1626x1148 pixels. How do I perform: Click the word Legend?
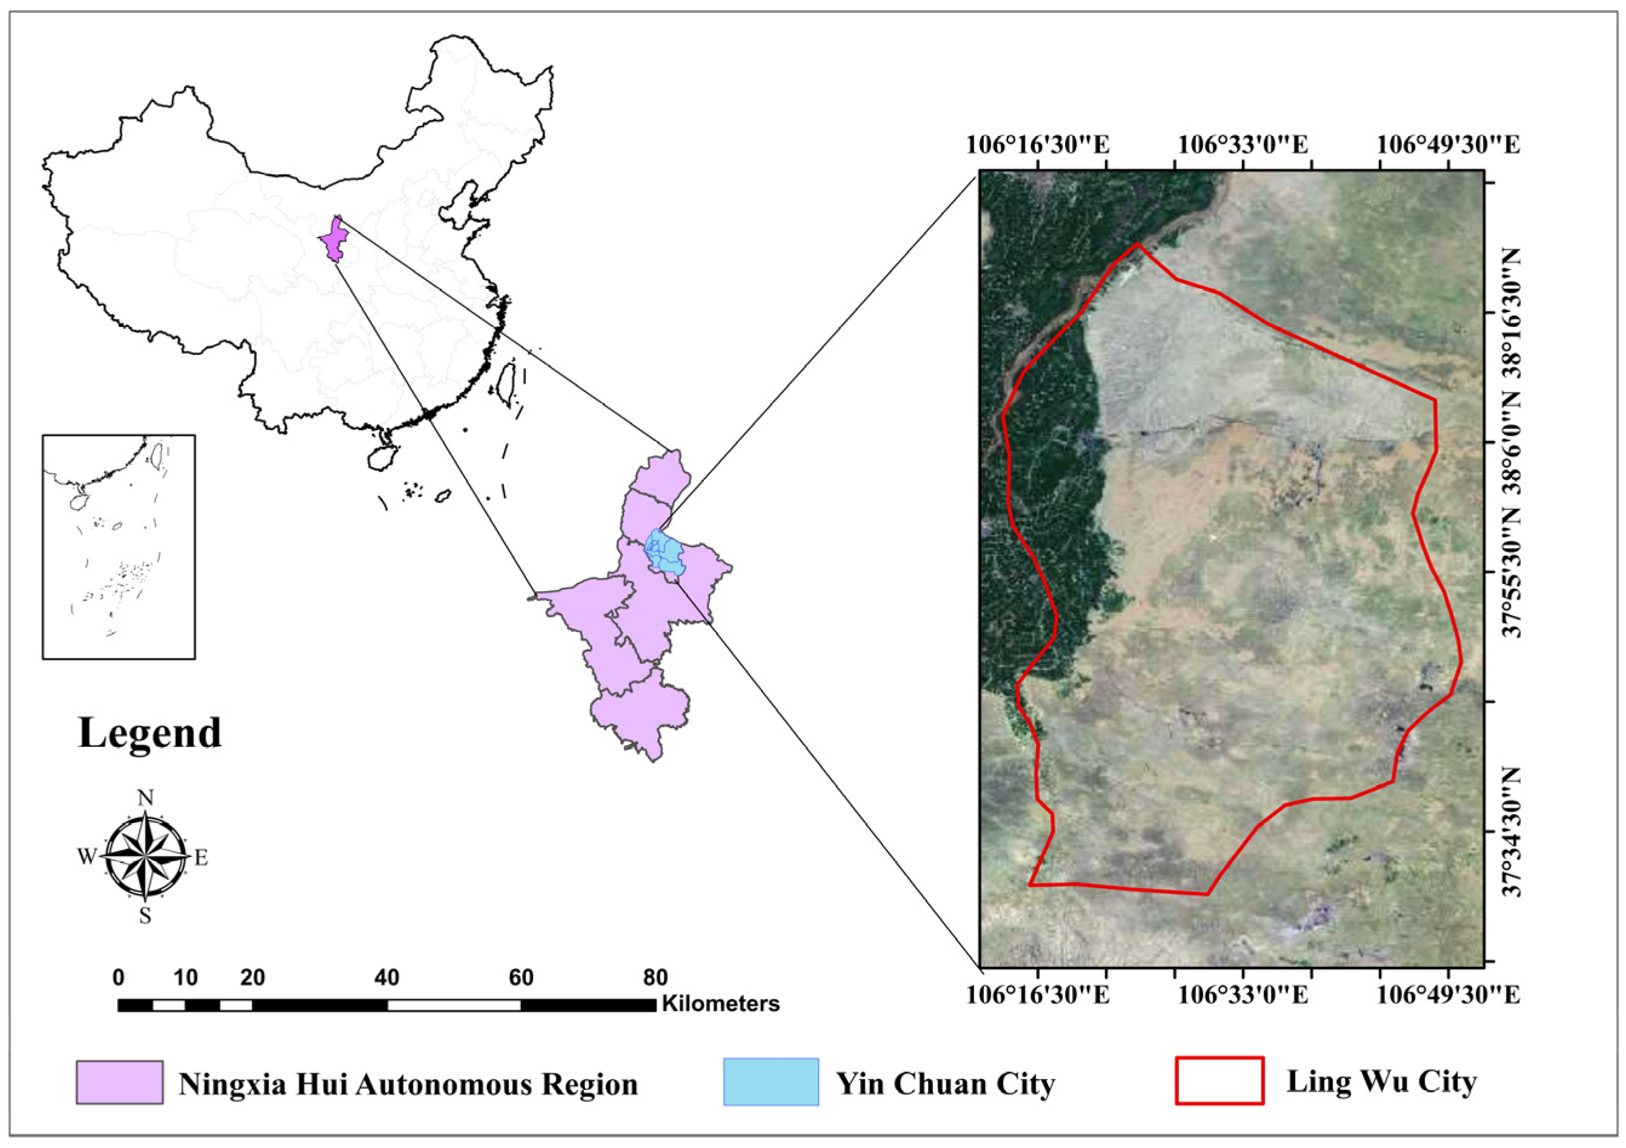150,733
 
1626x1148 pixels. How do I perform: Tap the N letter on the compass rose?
145,798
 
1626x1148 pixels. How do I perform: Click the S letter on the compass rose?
145,916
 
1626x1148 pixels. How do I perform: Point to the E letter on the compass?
201,858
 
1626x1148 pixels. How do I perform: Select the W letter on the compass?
87,857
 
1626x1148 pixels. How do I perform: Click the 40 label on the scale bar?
387,978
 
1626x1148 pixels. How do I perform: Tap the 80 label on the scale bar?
655,978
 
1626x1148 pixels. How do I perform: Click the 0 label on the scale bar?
118,978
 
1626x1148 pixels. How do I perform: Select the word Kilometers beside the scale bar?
720,1004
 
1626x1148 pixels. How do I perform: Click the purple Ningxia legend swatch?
120,1082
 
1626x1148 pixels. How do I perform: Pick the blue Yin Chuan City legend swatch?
771,1081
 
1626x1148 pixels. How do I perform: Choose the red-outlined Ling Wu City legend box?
1219,1081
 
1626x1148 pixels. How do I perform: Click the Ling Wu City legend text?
1381,1081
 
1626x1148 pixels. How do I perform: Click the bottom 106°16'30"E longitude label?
1038,995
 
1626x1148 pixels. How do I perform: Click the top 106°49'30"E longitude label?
1448,145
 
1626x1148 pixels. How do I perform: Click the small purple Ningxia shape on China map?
334,240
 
